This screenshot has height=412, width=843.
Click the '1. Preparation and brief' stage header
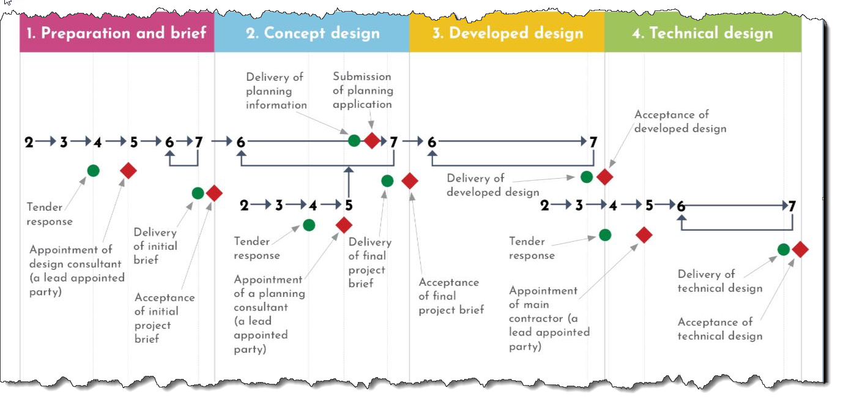tap(116, 33)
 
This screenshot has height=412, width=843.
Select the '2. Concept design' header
tap(313, 33)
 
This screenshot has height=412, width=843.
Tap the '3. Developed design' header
tap(507, 33)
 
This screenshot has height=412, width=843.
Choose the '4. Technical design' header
tap(702, 33)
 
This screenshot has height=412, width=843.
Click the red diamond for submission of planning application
tap(372, 140)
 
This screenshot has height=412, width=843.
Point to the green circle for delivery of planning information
tap(354, 140)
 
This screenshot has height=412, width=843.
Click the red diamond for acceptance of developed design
tap(604, 177)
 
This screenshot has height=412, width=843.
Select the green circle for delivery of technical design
tap(783, 249)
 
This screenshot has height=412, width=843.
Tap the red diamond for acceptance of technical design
tap(800, 249)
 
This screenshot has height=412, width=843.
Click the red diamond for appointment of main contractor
tap(644, 234)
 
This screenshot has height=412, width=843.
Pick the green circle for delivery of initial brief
tap(198, 193)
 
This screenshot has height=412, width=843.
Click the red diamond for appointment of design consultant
tap(128, 171)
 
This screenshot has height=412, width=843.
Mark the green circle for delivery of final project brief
tap(387, 181)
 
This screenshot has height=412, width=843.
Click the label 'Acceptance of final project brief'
tap(451, 296)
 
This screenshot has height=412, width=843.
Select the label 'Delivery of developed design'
tap(492, 185)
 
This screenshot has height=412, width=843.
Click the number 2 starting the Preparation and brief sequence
tap(29, 143)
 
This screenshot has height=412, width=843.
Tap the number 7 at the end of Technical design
tap(792, 206)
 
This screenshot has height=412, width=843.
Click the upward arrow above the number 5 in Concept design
tap(349, 181)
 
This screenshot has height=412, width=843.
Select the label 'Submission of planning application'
tap(362, 91)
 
